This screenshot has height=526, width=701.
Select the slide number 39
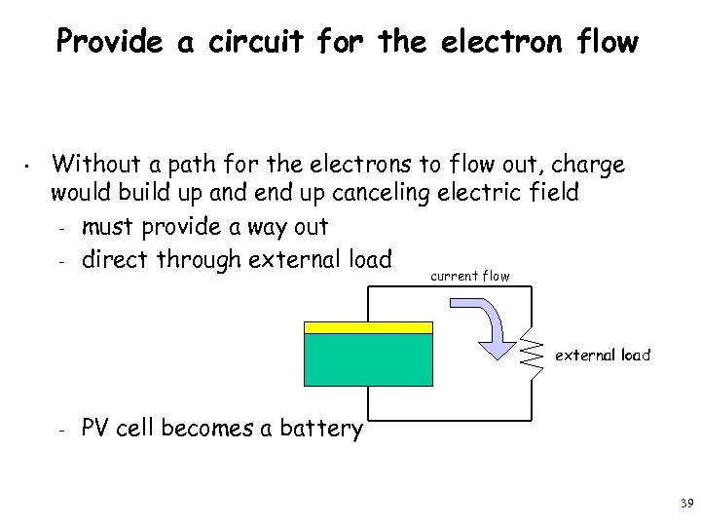685,504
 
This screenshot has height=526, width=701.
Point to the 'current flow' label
469,277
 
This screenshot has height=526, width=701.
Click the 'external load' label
602,356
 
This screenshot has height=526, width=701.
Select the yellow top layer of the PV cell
368,327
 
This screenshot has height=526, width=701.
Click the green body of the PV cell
368,360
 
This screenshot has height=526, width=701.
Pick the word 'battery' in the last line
318,429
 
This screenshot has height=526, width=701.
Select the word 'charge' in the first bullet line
589,165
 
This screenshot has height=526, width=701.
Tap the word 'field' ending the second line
555,192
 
